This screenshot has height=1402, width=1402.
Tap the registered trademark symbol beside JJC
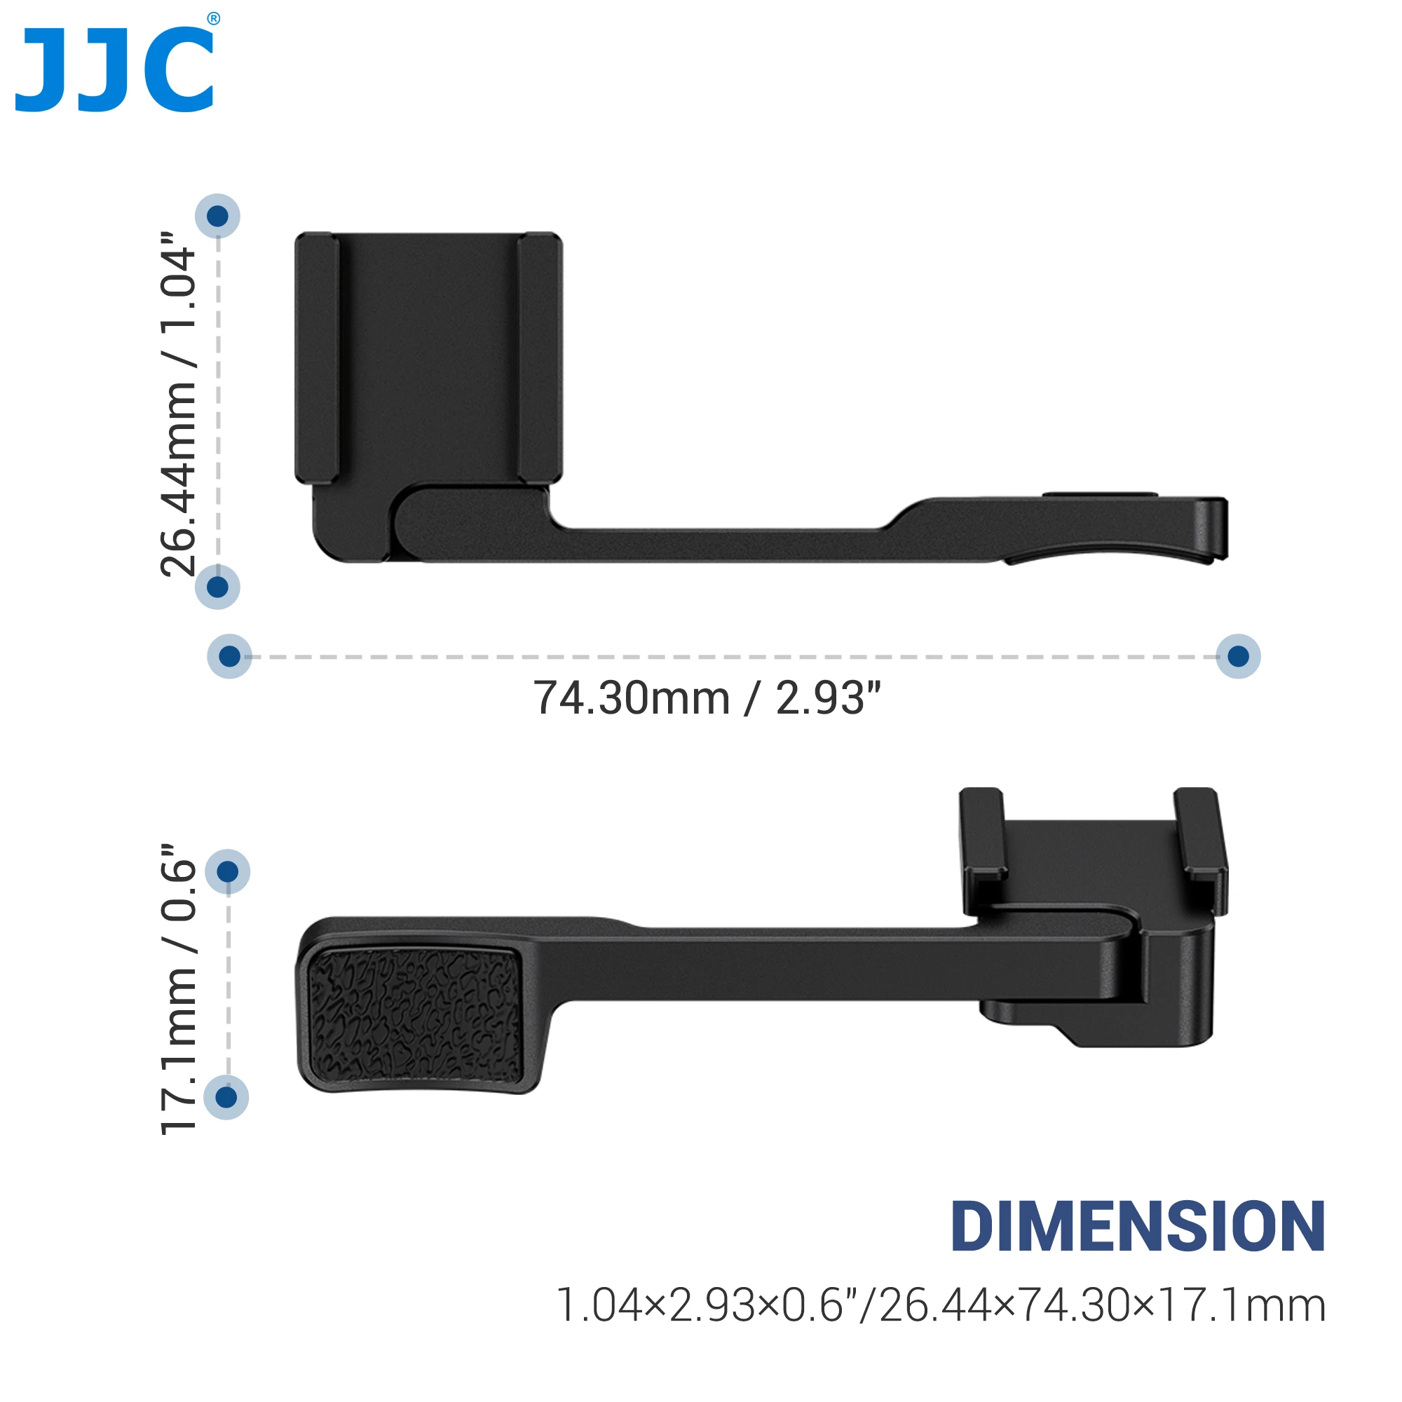[213, 19]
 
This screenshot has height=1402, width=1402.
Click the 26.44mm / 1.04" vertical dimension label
[179, 404]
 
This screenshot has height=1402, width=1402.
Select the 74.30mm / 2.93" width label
[707, 698]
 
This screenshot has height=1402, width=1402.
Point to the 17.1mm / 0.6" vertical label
[179, 990]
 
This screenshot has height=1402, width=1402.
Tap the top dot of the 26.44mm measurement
[218, 215]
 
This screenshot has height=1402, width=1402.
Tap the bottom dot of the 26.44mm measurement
[218, 586]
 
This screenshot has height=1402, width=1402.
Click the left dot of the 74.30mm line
[229, 656]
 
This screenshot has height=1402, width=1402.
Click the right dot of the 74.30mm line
[1238, 656]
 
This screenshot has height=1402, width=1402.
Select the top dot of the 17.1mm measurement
[228, 871]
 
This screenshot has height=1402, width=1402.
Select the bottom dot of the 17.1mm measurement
[226, 1097]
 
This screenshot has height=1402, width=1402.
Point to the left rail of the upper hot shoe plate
[317, 358]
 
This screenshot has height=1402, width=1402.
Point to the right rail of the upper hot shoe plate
[540, 358]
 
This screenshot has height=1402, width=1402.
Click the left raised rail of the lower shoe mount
[983, 834]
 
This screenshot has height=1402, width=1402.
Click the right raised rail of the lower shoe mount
[1199, 834]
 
